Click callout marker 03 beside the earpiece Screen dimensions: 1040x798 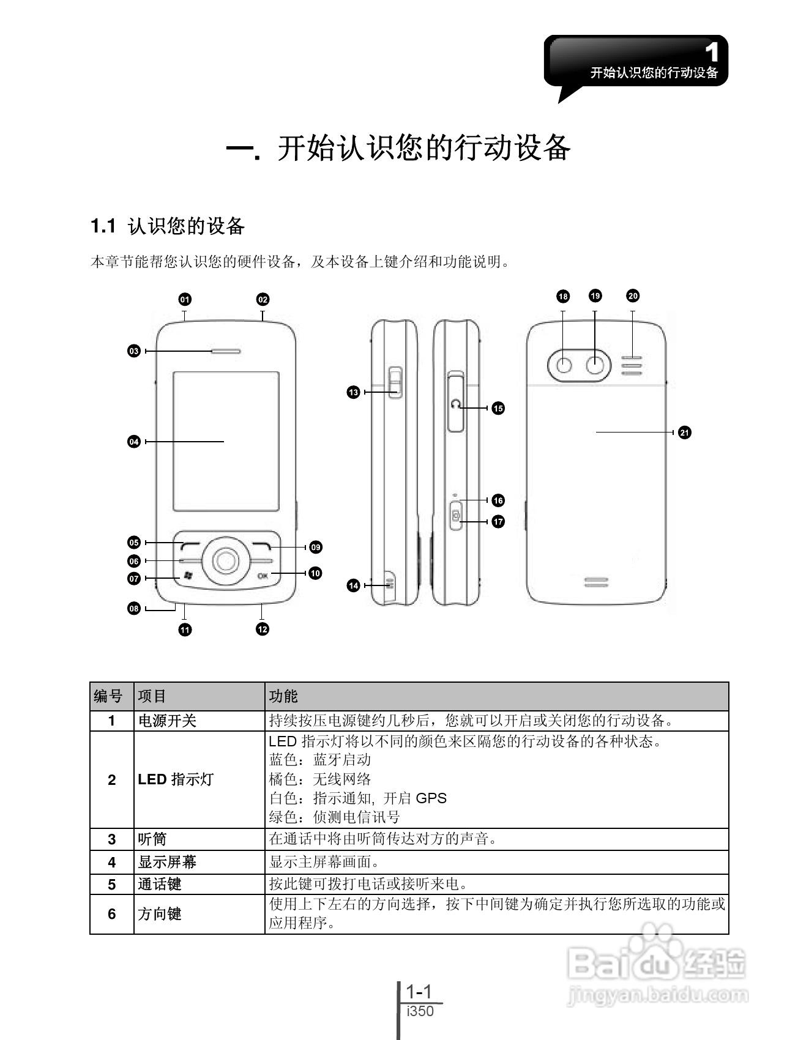point(134,351)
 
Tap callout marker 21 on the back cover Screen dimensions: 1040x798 point(685,433)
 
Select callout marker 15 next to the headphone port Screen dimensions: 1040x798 point(498,408)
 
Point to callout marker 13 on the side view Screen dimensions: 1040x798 point(353,392)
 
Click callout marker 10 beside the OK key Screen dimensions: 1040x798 point(315,573)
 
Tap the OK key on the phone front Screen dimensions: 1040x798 point(263,576)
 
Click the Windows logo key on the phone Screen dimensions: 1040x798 point(188,576)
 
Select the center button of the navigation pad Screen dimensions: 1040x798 point(226,559)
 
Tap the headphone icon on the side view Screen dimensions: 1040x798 point(455,404)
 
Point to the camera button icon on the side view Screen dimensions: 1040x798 point(456,516)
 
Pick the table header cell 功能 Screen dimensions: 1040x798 point(283,696)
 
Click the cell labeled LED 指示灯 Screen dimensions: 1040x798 point(176,779)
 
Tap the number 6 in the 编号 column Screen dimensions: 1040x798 point(111,914)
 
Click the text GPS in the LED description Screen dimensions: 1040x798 point(431,798)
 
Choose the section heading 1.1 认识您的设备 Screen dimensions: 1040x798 point(168,226)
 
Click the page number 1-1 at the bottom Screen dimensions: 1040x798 point(419,991)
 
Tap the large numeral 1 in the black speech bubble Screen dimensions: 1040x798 point(711,53)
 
